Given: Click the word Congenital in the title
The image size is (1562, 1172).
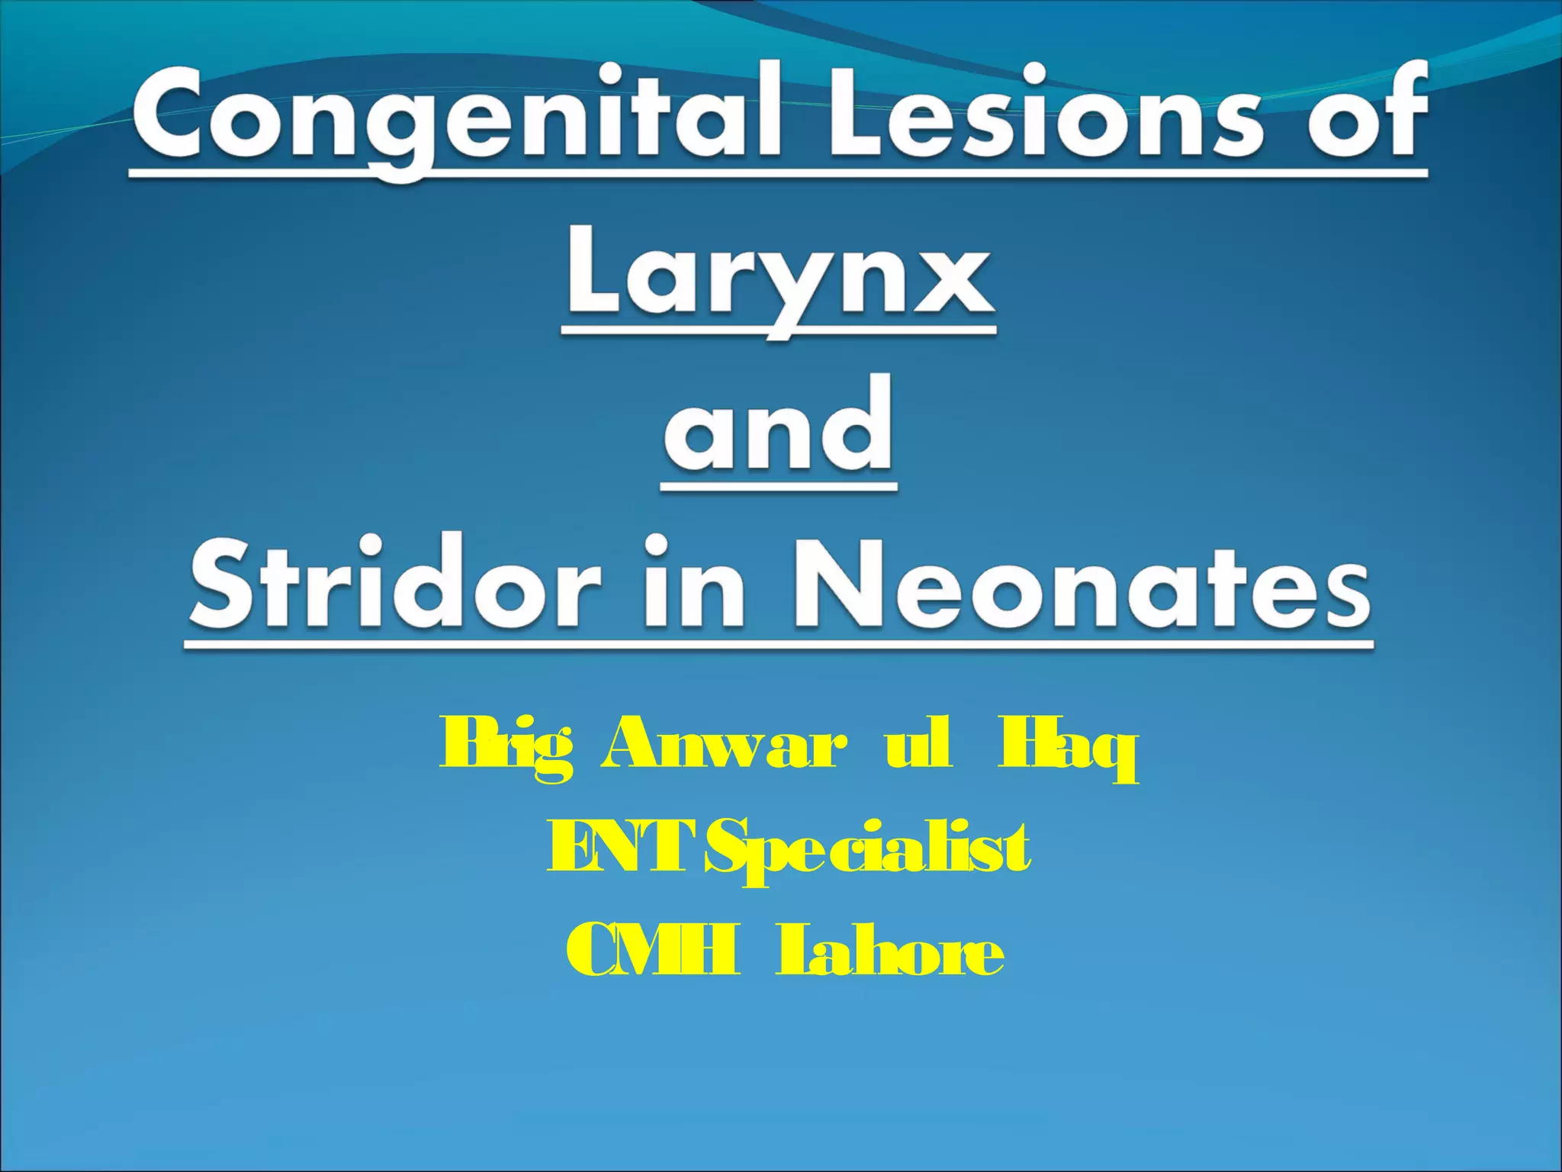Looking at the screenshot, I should (x=458, y=114).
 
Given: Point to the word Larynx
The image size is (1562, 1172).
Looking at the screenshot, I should (x=779, y=279).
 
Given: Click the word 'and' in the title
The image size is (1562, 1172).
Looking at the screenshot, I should (x=778, y=427).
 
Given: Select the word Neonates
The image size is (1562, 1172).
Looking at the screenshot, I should (x=1083, y=584).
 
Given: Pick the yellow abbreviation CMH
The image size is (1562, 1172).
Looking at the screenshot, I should (x=653, y=950).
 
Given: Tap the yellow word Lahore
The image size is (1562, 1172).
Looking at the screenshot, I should (x=889, y=950).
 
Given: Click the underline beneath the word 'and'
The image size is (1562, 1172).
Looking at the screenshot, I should (x=778, y=486).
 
